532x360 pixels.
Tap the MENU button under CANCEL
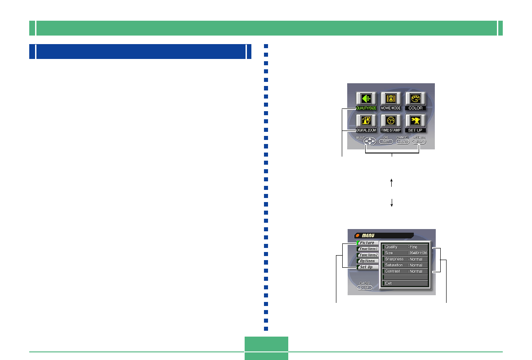[402, 141]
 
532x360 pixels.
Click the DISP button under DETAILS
[419, 141]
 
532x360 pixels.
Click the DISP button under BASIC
[365, 288]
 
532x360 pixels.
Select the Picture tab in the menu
[367, 243]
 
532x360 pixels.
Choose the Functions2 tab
[367, 255]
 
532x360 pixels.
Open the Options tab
[367, 261]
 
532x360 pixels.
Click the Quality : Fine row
[405, 247]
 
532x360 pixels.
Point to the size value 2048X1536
[419, 253]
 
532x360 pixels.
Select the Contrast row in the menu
[405, 271]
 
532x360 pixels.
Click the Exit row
[405, 283]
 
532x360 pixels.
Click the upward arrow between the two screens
[392, 182]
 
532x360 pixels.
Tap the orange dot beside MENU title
[358, 235]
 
